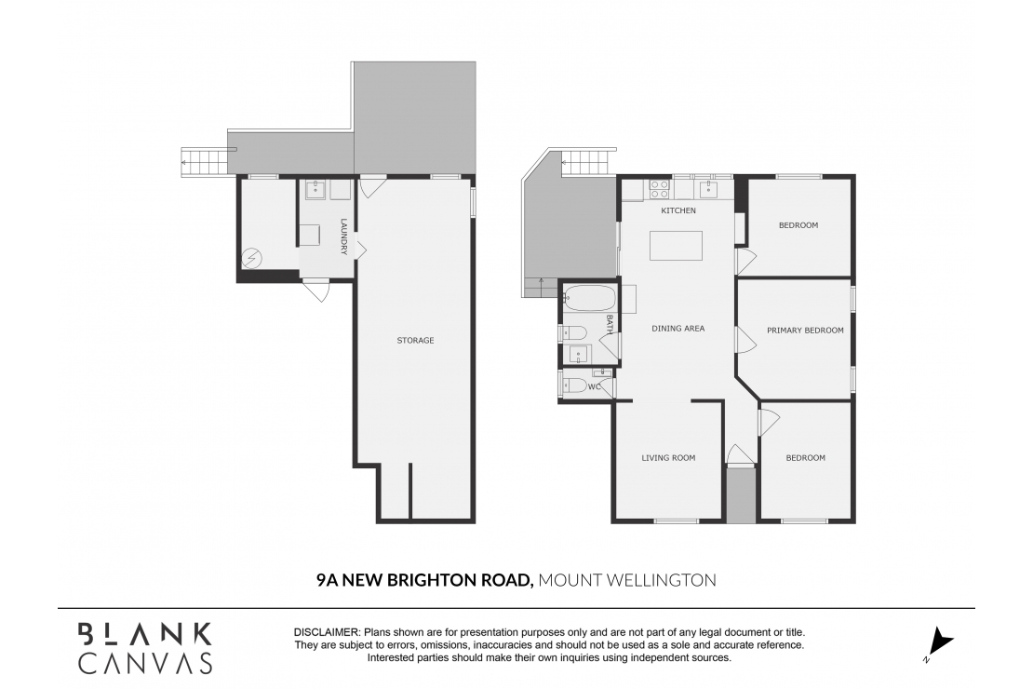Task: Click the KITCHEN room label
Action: click(678, 210)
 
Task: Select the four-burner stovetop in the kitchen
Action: click(660, 189)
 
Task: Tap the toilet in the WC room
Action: click(574, 385)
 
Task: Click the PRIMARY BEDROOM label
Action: click(805, 331)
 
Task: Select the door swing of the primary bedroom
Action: click(745, 340)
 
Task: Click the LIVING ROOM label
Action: click(668, 457)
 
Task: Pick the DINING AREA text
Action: click(677, 328)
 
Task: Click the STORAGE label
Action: click(415, 340)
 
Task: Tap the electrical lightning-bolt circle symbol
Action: click(252, 259)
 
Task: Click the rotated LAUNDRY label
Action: click(343, 237)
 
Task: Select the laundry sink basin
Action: click(315, 189)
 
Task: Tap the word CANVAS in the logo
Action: click(145, 663)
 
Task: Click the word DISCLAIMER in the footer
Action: click(327, 632)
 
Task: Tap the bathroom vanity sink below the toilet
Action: click(579, 354)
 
